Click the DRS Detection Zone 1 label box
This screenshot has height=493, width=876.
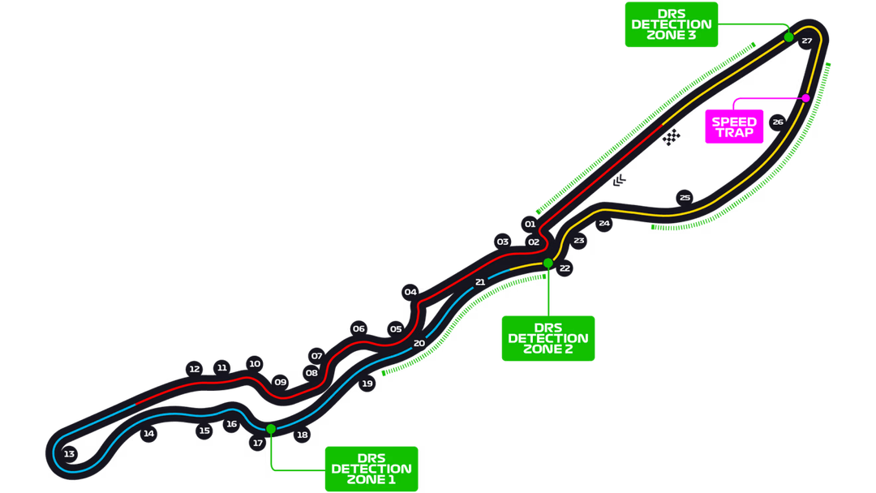(x=371, y=468)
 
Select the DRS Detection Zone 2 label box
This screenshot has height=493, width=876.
(x=548, y=338)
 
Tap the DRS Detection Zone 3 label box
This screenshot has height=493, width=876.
(x=671, y=24)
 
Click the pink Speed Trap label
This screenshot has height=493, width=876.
(x=734, y=126)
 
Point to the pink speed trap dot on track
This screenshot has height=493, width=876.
(x=805, y=98)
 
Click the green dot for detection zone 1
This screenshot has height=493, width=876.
(x=271, y=428)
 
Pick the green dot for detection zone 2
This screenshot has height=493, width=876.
(x=548, y=263)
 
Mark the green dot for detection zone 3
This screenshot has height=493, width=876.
(x=788, y=37)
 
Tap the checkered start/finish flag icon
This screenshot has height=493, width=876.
(x=671, y=139)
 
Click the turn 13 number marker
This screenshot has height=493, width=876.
(x=69, y=454)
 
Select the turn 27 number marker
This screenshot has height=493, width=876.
(x=806, y=41)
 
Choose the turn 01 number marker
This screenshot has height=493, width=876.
(x=530, y=224)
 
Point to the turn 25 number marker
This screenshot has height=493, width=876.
(x=685, y=197)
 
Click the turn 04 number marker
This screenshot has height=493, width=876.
(x=410, y=292)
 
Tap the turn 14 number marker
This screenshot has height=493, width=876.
(x=148, y=434)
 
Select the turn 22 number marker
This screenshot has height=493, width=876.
(x=565, y=268)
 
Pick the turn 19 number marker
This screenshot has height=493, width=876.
(x=367, y=384)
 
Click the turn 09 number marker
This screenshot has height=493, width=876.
(x=281, y=381)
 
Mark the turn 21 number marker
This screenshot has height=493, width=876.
(x=480, y=282)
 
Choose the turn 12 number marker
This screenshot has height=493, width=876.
(x=194, y=369)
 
